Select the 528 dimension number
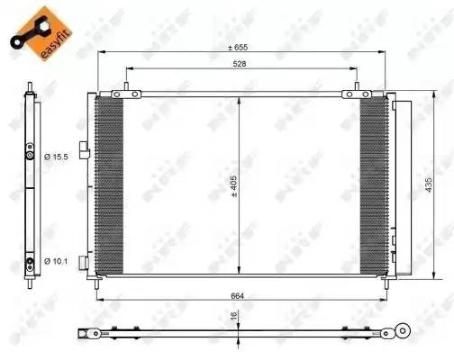tap(240, 64)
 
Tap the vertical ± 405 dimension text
tap(232, 184)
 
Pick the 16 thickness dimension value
tap(232, 317)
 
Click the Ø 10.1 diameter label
tap(56, 261)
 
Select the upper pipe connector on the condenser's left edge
tap(83, 150)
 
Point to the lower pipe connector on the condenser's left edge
tap(83, 260)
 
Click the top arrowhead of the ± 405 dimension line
tap(239, 99)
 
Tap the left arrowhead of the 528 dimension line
tap(130, 68)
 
